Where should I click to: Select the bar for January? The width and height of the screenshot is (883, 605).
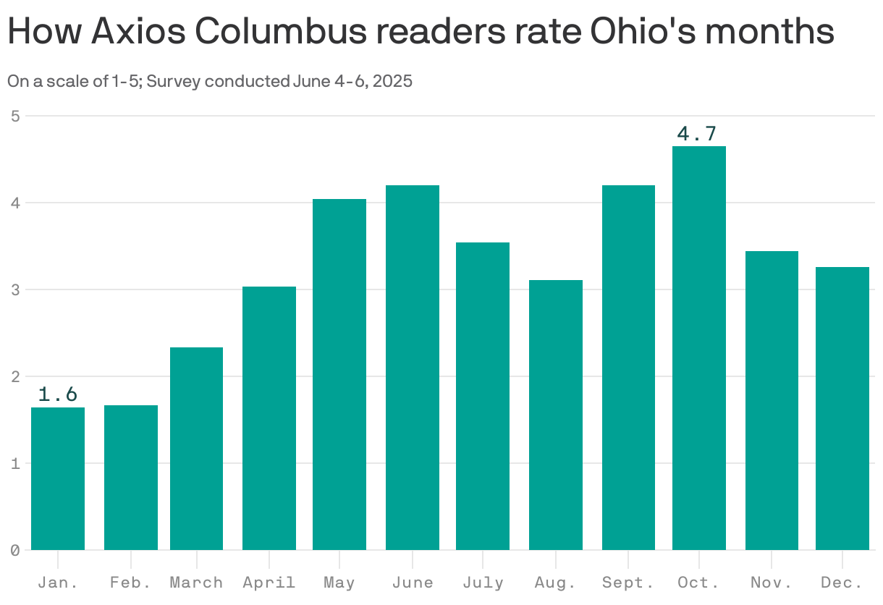tap(58, 478)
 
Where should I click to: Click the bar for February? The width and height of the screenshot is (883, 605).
tap(131, 478)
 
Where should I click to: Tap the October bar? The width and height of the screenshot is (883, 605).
tap(699, 347)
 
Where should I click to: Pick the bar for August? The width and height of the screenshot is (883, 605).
tap(556, 415)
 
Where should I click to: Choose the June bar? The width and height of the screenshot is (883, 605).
tap(413, 367)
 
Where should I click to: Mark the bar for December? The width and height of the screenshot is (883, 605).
tap(842, 408)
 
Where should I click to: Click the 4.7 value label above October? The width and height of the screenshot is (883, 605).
tap(696, 134)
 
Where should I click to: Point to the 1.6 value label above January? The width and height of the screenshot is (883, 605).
tap(57, 394)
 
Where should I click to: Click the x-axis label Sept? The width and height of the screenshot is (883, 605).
tap(628, 583)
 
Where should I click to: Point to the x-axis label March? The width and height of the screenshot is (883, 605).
tap(196, 583)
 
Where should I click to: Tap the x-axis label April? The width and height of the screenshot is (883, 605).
tap(269, 583)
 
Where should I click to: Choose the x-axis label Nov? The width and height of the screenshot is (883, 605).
tap(772, 583)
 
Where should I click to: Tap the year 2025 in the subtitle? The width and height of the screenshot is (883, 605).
tap(394, 81)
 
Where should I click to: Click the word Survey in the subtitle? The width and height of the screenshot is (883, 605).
tap(174, 81)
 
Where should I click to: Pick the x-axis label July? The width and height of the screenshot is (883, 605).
tap(483, 583)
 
